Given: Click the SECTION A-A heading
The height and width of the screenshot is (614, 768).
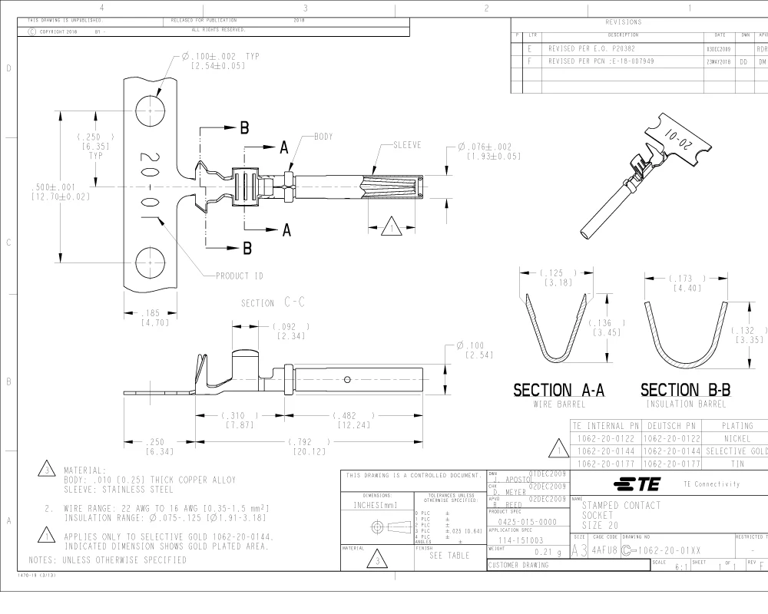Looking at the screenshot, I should point(558,391).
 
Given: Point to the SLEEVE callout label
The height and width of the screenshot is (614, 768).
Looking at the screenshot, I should point(406,145).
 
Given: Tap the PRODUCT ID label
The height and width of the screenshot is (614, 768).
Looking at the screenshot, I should point(240,276).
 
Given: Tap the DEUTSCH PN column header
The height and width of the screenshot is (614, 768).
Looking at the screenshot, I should point(670,424).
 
